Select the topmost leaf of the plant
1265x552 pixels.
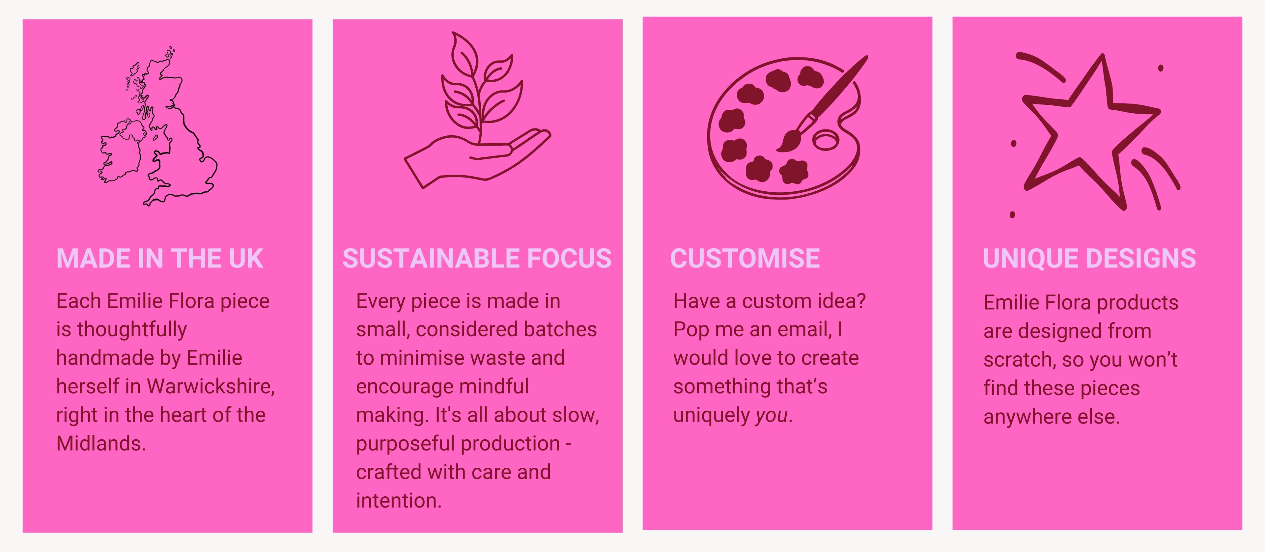pyautogui.click(x=464, y=54)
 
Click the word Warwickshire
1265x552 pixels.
pyautogui.click(x=211, y=386)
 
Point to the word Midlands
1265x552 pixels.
pyautogui.click(x=101, y=443)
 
